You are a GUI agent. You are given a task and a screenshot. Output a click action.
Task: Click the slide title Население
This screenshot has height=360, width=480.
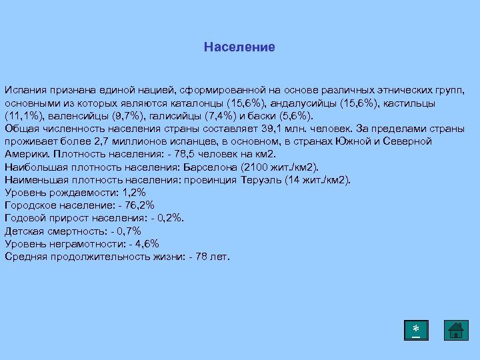[239, 47]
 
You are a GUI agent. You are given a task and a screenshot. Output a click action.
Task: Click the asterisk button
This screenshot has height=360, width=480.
[416, 331]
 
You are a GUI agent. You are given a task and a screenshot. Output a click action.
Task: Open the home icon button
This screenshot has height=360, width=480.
[456, 331]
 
